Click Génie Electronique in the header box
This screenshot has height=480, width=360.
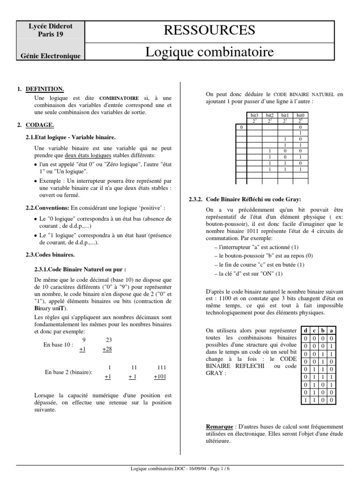click(x=50, y=56)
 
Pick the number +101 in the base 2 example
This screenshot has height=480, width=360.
click(x=160, y=377)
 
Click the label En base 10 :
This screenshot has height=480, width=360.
click(x=59, y=344)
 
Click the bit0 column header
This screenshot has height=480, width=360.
click(x=300, y=115)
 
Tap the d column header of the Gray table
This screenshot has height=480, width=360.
click(x=305, y=330)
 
